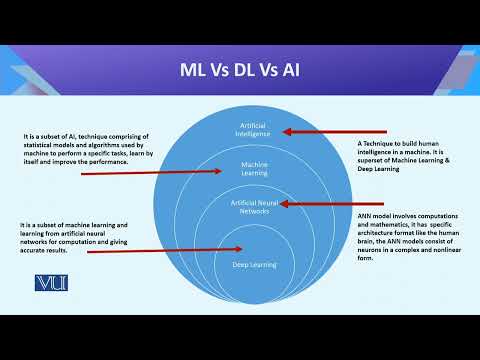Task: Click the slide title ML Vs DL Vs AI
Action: tap(240, 72)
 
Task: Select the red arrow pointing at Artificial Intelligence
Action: tap(315, 131)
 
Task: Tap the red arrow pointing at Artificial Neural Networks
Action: tap(315, 203)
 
